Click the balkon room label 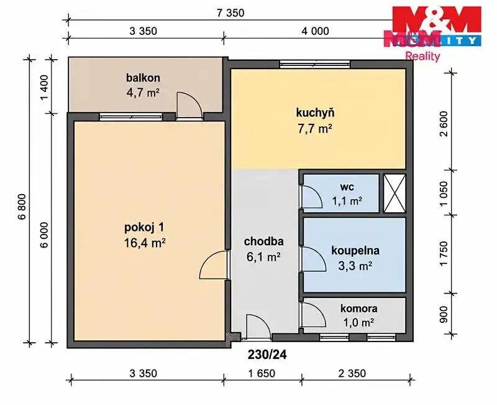click(x=143, y=78)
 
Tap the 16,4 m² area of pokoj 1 click(x=145, y=243)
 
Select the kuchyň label click(x=315, y=113)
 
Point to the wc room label click(x=347, y=187)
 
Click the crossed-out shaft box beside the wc click(x=394, y=193)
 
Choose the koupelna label click(x=355, y=251)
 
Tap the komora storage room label click(x=359, y=308)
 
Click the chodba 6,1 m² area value click(x=263, y=257)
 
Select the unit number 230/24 click(x=267, y=355)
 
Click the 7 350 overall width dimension click(x=230, y=13)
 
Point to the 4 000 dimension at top click(x=315, y=31)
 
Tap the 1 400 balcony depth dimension click(x=44, y=86)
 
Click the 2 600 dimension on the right click(x=444, y=123)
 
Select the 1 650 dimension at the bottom click(x=262, y=373)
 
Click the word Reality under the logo click(x=423, y=57)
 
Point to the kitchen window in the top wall click(x=315, y=65)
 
